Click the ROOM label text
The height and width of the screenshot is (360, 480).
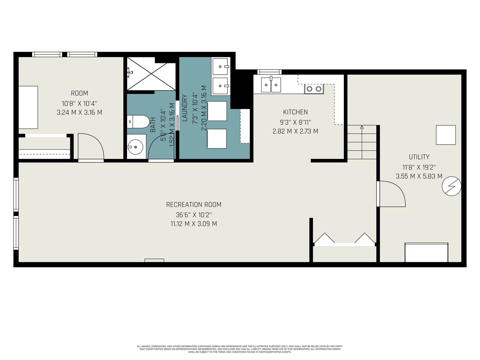(x=79, y=93)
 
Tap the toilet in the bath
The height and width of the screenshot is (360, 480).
(x=138, y=122)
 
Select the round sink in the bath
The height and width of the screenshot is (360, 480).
(x=136, y=147)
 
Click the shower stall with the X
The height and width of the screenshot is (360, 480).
(x=151, y=74)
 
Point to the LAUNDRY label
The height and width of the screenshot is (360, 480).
(x=185, y=108)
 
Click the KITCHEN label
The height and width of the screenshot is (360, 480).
(x=295, y=112)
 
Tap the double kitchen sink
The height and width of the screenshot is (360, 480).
(x=271, y=85)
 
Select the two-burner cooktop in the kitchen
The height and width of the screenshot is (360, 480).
(x=314, y=89)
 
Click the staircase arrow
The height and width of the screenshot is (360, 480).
(x=362, y=142)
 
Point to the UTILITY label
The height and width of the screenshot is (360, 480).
(x=419, y=157)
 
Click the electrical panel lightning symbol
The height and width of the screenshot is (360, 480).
(x=451, y=186)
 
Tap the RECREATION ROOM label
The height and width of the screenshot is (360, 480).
(x=194, y=205)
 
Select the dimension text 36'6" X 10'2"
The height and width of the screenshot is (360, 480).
(x=194, y=215)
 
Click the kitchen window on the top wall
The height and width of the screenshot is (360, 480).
(x=269, y=72)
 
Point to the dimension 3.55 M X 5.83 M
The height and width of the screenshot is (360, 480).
(x=419, y=176)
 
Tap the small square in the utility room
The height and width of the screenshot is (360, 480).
(x=446, y=135)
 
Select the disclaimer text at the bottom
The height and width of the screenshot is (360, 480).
(x=240, y=349)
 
